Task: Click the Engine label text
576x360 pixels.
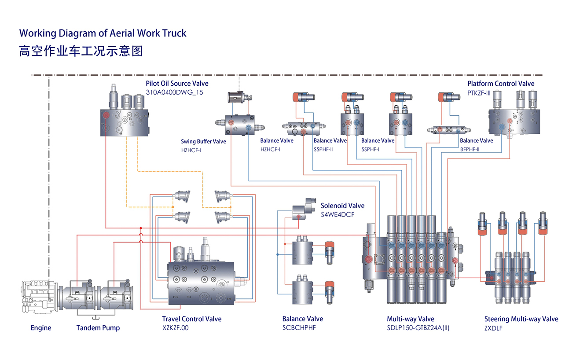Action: click(x=41, y=328)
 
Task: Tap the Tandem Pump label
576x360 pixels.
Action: click(x=98, y=328)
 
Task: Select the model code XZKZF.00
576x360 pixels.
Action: click(x=175, y=328)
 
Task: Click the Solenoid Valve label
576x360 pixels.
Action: click(x=342, y=206)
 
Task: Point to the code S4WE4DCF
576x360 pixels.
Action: click(x=338, y=214)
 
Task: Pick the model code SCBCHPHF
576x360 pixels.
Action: click(x=299, y=328)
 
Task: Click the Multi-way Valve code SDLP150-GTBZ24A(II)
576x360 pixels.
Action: click(x=418, y=328)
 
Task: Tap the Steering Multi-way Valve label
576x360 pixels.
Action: click(x=521, y=319)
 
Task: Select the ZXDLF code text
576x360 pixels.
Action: click(x=493, y=328)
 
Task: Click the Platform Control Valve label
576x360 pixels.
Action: click(x=501, y=84)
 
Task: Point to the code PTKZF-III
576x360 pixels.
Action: click(x=479, y=92)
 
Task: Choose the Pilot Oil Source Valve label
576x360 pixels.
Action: click(x=177, y=84)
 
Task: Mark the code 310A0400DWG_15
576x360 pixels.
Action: click(x=174, y=92)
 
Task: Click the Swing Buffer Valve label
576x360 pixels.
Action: click(x=203, y=142)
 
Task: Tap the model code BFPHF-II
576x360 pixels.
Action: click(x=470, y=150)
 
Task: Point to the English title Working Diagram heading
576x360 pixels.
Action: click(x=103, y=33)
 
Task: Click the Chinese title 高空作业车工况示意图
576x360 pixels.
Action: click(x=81, y=51)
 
